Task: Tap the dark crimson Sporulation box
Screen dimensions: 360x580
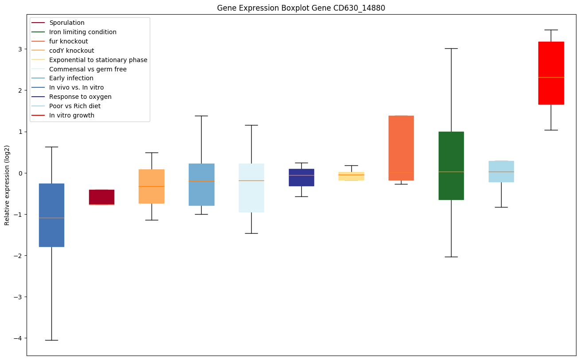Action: point(101,197)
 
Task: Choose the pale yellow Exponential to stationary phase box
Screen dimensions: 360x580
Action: point(351,176)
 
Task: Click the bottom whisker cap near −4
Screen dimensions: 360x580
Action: point(51,340)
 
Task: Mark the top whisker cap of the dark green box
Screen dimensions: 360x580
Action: point(451,48)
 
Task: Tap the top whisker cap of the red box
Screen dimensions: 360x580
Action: point(551,30)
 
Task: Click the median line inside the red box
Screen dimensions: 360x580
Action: point(551,77)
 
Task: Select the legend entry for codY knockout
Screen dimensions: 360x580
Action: point(72,51)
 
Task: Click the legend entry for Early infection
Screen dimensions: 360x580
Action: point(71,78)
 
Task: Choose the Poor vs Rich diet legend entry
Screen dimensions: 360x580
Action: point(75,106)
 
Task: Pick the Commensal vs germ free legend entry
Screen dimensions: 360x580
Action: point(88,69)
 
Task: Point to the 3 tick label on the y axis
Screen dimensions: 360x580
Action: point(20,49)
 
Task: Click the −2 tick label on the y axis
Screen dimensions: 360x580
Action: point(18,256)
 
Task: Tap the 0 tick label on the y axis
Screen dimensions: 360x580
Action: point(20,173)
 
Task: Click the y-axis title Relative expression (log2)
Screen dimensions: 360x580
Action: point(7,185)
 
